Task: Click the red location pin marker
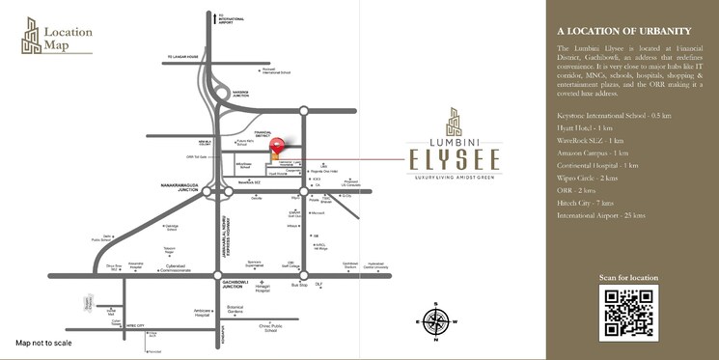[278, 147]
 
